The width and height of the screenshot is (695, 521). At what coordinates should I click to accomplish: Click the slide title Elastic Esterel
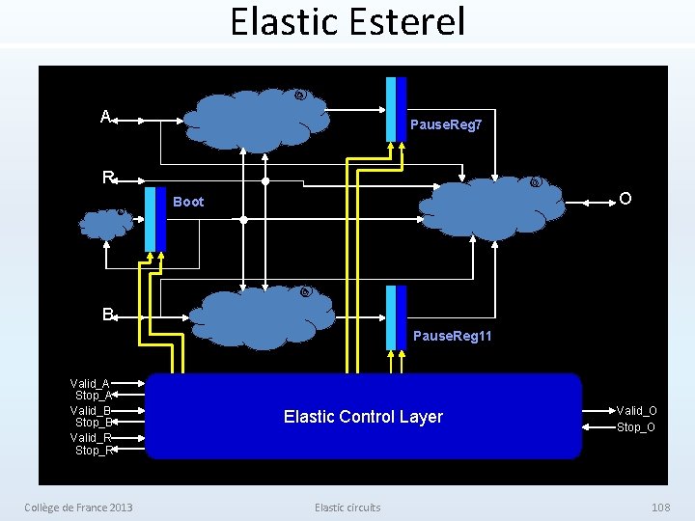coord(347,21)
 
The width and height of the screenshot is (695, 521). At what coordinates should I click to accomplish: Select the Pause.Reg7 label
coord(446,125)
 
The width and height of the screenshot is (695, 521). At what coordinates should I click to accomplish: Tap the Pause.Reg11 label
coord(452,336)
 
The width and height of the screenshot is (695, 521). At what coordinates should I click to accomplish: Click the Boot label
coord(188,202)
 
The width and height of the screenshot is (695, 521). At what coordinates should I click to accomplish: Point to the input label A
coord(105,117)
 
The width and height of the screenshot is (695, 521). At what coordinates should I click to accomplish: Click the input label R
coord(109,178)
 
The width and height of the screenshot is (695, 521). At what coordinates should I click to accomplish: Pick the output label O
coord(625,199)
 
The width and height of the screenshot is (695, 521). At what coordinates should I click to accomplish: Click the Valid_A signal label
coord(90,383)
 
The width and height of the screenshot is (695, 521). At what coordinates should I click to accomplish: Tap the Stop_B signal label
coord(93,423)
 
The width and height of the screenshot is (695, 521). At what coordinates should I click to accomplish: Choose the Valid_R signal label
coord(90,437)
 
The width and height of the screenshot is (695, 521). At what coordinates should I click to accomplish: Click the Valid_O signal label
coord(636,411)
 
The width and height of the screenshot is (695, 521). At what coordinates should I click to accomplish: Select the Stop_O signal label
coord(636,426)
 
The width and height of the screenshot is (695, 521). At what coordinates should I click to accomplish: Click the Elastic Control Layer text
coord(363,417)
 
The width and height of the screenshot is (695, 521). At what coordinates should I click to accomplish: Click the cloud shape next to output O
coord(492,206)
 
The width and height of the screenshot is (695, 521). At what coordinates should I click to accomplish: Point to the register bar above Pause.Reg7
coord(396,109)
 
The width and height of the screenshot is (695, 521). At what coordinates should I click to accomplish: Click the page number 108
coord(660,507)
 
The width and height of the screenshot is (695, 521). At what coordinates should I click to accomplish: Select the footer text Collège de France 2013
coord(78,507)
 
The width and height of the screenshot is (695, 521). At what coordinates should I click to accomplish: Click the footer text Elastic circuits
coord(347,507)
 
